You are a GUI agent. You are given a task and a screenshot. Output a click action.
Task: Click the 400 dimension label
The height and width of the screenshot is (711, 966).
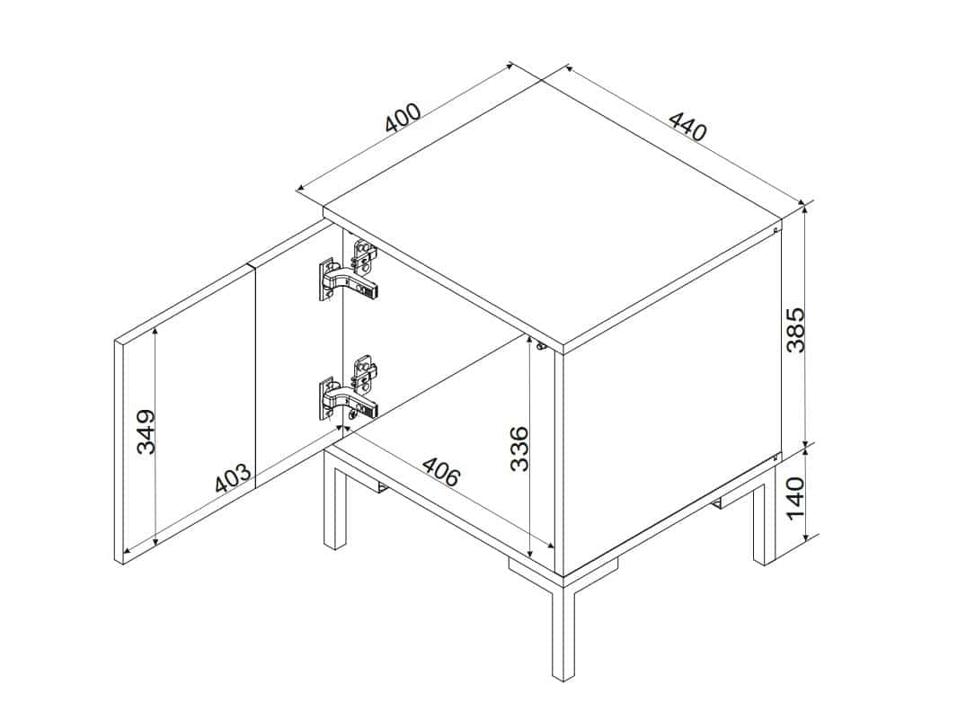(x=403, y=118)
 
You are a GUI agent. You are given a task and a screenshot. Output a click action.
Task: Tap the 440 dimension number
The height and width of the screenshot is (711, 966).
(x=687, y=127)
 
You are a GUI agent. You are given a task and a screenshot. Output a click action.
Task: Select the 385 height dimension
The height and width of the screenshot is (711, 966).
(x=795, y=330)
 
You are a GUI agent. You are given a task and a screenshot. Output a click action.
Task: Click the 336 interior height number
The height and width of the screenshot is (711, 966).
(x=520, y=448)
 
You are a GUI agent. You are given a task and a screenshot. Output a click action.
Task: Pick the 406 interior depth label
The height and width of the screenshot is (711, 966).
(x=440, y=471)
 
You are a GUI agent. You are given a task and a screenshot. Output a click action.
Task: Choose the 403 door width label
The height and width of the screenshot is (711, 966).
(x=233, y=477)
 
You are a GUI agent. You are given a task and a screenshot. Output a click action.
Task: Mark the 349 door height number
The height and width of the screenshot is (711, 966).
(x=146, y=431)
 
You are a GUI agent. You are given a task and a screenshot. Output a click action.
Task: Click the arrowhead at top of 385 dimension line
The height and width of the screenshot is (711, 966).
(x=804, y=208)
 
